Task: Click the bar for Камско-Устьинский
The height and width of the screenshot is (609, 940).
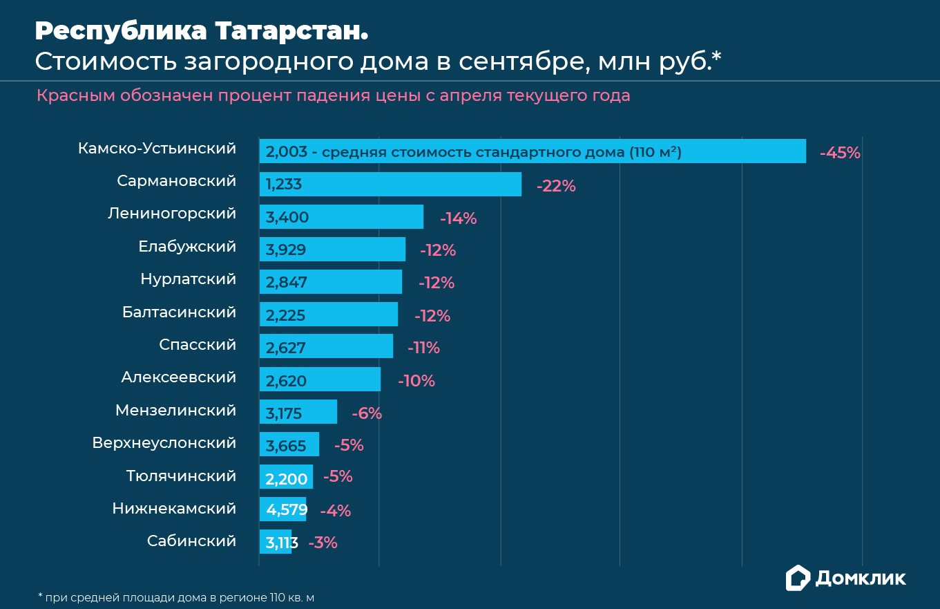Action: pyautogui.click(x=532, y=151)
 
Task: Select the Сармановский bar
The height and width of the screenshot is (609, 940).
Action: pyautogui.click(x=390, y=185)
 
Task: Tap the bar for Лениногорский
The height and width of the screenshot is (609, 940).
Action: pyautogui.click(x=341, y=217)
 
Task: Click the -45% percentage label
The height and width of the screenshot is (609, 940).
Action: pyautogui.click(x=840, y=153)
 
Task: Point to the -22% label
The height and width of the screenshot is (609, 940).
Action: pyautogui.click(x=556, y=186)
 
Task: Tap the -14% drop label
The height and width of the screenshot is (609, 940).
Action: pyautogui.click(x=459, y=218)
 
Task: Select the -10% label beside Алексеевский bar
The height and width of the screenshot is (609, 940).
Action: pyautogui.click(x=416, y=381)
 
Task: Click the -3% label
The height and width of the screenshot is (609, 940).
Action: pyautogui.click(x=323, y=543)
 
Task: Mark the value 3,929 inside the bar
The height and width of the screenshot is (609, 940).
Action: pyautogui.click(x=286, y=250)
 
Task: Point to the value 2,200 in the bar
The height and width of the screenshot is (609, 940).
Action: pyautogui.click(x=286, y=478)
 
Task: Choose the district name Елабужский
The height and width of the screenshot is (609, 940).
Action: pyautogui.click(x=187, y=247)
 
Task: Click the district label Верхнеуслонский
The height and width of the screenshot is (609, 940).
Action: pyautogui.click(x=164, y=443)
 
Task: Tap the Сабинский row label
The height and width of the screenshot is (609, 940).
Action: pyautogui.click(x=191, y=541)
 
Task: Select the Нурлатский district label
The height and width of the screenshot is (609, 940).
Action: pyautogui.click(x=188, y=279)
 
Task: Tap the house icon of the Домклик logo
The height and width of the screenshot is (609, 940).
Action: pyautogui.click(x=798, y=578)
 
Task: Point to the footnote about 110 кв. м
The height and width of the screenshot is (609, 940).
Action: pyautogui.click(x=180, y=597)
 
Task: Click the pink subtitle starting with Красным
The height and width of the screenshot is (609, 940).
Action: pyautogui.click(x=333, y=95)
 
